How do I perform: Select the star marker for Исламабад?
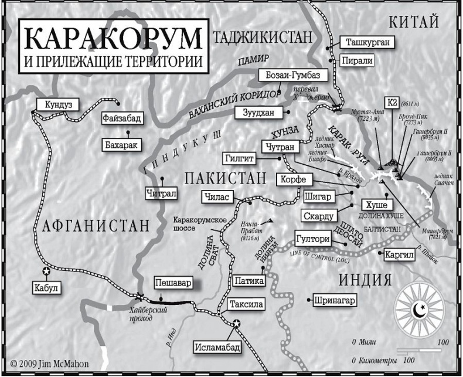[236, 323]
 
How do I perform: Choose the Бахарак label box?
[122, 144]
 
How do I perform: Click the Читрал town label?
[162, 191]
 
